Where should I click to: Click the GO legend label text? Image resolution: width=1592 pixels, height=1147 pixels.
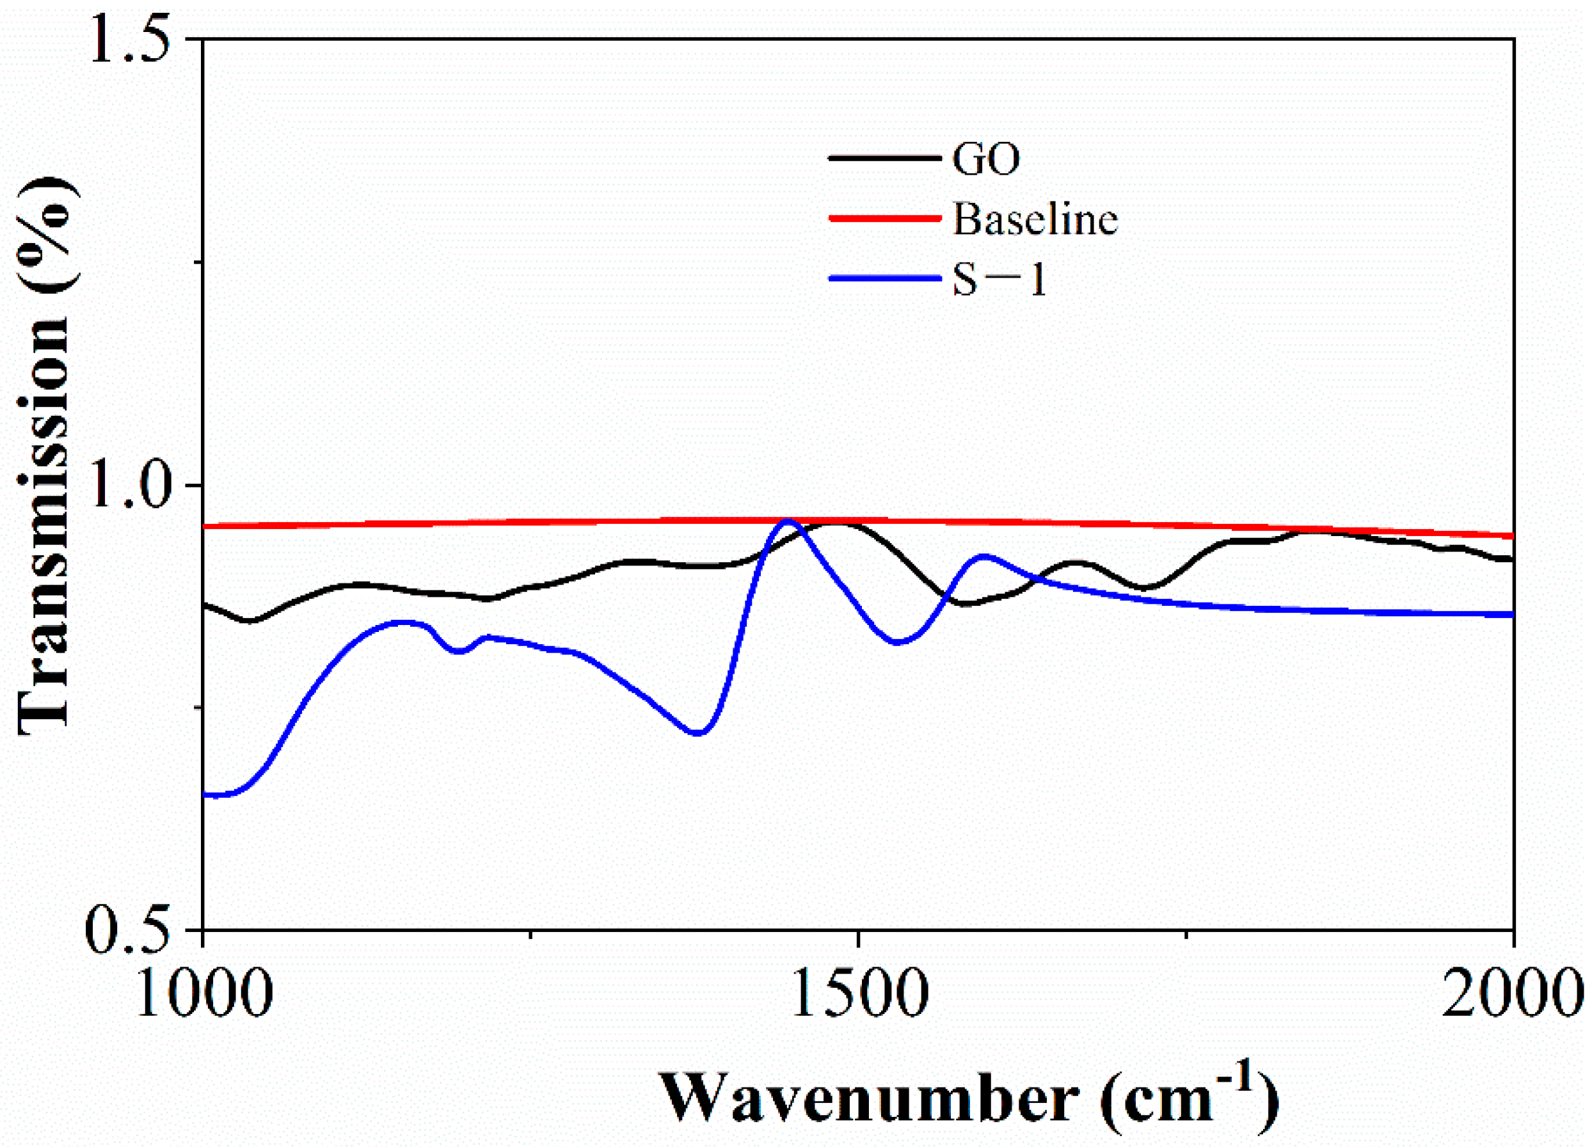pos(985,159)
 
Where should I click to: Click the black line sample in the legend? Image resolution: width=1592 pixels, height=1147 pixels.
pos(884,158)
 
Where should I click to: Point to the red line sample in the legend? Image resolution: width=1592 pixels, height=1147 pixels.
pos(884,218)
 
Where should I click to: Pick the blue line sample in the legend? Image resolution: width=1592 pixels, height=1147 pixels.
pos(884,279)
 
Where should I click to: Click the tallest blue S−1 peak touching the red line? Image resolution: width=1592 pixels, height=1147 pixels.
pos(788,521)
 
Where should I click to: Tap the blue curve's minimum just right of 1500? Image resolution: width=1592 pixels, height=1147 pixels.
pos(897,642)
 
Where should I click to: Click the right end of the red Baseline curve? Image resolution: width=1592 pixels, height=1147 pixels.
pos(1511,536)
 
